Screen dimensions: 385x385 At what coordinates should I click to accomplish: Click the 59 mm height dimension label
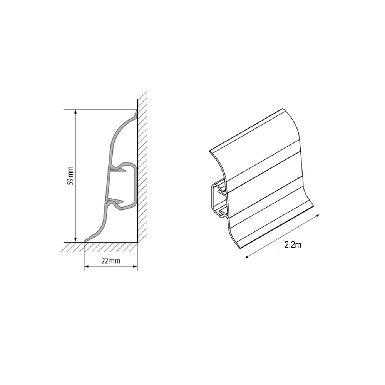click(70, 176)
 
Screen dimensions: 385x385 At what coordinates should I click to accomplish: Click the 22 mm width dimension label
click(111, 261)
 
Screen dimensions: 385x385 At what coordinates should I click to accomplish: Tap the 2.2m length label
click(293, 244)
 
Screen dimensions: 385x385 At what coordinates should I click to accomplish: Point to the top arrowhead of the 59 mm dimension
click(75, 112)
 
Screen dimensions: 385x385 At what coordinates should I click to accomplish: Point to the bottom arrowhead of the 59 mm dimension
click(75, 239)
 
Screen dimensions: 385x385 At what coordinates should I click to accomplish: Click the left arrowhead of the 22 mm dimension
click(87, 266)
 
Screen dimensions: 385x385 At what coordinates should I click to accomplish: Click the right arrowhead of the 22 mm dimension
click(134, 266)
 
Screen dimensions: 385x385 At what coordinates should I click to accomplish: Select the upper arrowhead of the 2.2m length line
click(318, 216)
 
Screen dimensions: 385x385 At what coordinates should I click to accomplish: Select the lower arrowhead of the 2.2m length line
click(247, 256)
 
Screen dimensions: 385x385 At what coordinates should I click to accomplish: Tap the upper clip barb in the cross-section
click(118, 169)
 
